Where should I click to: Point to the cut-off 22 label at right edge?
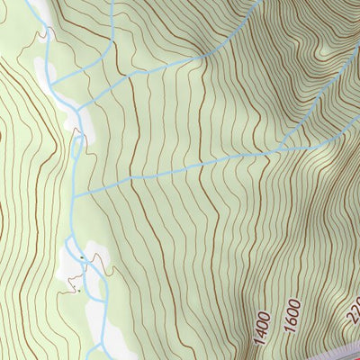point(351,311)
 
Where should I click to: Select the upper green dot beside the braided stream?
point(82,258)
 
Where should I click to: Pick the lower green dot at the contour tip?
point(78,291)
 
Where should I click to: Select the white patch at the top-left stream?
point(40,67)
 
